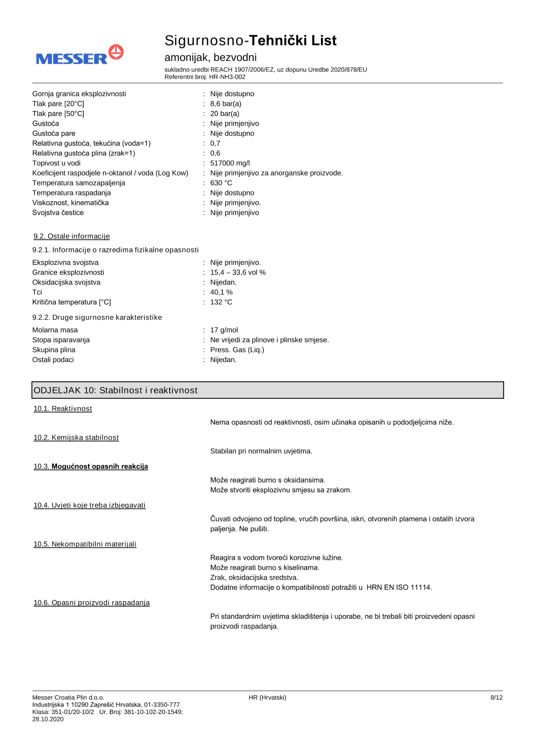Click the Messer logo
tap(80, 56)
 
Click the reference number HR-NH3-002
tap(227, 77)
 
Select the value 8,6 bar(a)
tap(225, 104)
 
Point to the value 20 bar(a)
tap(224, 114)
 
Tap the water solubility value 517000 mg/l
tap(230, 163)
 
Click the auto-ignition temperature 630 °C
tap(221, 183)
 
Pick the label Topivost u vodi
tap(56, 163)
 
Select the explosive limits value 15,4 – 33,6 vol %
tap(238, 273)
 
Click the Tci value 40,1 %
tap(221, 293)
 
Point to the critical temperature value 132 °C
tap(221, 302)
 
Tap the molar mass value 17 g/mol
tap(224, 331)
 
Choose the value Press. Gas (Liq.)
tap(237, 350)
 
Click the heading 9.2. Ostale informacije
tap(72, 237)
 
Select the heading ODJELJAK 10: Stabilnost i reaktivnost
tap(115, 390)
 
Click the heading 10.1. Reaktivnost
tap(62, 409)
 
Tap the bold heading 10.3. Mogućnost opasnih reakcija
tap(91, 467)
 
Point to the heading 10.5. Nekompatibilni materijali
tap(85, 545)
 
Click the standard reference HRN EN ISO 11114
tap(399, 588)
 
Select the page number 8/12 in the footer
tap(496, 698)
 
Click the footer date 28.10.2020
tap(48, 719)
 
